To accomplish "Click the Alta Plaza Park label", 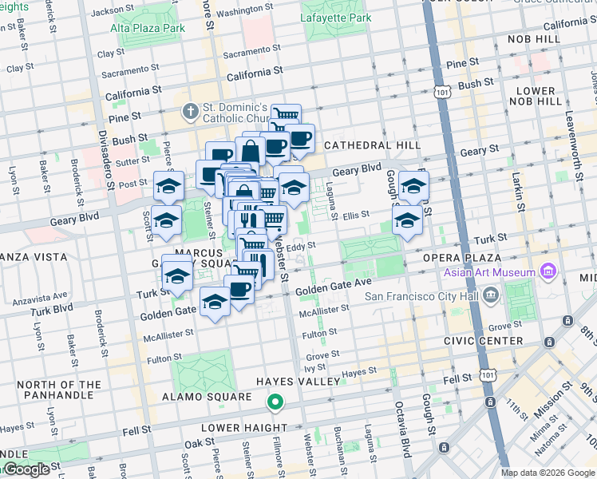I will [148, 27].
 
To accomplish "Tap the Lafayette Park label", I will [335, 17].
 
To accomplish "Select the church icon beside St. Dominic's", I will [190, 112].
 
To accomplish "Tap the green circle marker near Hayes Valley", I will [275, 402].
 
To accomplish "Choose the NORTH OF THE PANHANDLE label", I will [59, 390].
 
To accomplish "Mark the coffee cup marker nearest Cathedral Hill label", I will [300, 139].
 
